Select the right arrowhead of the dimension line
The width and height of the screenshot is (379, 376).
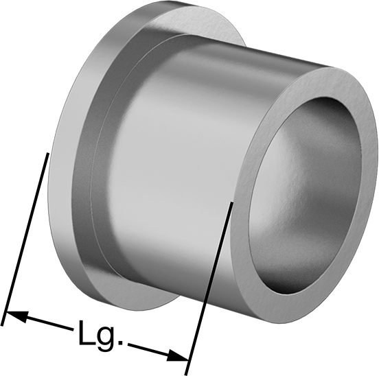click(178, 355)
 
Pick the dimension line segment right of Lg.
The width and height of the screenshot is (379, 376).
click(159, 351)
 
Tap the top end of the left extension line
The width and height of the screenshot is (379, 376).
click(48, 153)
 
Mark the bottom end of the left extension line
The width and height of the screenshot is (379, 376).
click(2, 325)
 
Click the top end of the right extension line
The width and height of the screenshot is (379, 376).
click(232, 202)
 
